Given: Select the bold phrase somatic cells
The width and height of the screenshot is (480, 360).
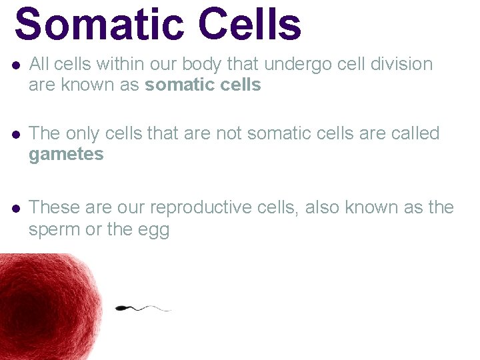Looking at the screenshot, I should coord(203,85).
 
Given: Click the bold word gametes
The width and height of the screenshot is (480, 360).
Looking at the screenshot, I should coord(66,154).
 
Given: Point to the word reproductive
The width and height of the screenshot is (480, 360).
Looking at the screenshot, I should coord(202,207).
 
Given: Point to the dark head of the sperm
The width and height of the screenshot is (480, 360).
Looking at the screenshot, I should coord(120,308).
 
